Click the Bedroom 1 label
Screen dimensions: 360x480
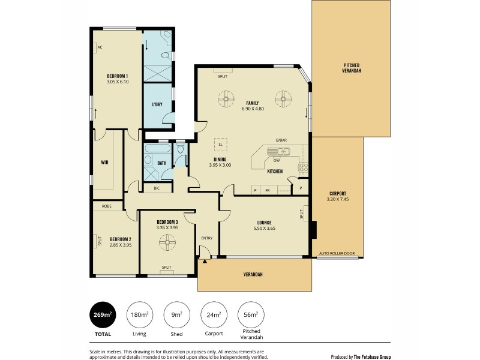(118, 76)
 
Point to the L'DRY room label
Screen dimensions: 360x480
(157, 104)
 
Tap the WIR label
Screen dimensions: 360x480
(104, 162)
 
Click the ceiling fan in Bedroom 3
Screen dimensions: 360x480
(166, 242)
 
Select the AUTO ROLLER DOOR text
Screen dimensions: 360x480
(337, 254)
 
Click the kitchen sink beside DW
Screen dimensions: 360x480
(281, 152)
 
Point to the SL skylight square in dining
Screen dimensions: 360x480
(221, 145)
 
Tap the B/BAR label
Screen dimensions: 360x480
(281, 140)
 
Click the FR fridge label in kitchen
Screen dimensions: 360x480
(267, 190)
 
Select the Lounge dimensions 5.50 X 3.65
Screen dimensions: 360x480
(264, 228)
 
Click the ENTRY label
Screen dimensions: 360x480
(207, 238)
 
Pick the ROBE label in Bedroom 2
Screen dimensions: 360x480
(106, 206)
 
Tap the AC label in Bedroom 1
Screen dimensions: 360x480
(100, 47)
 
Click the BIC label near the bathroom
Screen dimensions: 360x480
(157, 188)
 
